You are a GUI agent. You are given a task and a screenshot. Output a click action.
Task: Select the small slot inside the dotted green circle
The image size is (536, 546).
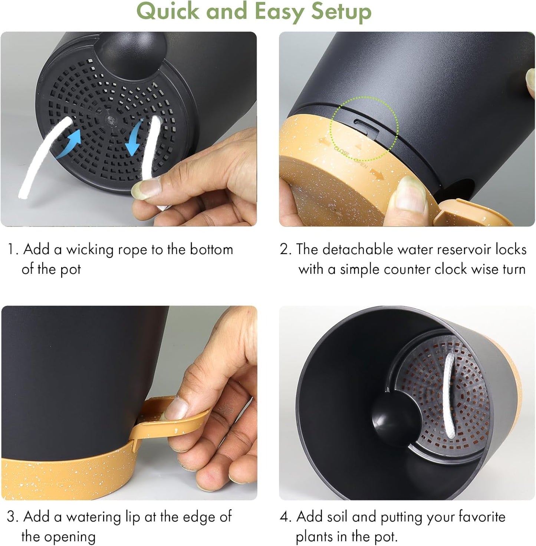pos(366,126)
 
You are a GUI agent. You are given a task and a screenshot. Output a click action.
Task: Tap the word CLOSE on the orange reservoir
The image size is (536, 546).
pos(341,152)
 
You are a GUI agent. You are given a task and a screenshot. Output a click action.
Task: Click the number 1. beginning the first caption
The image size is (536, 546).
pos(13,250)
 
